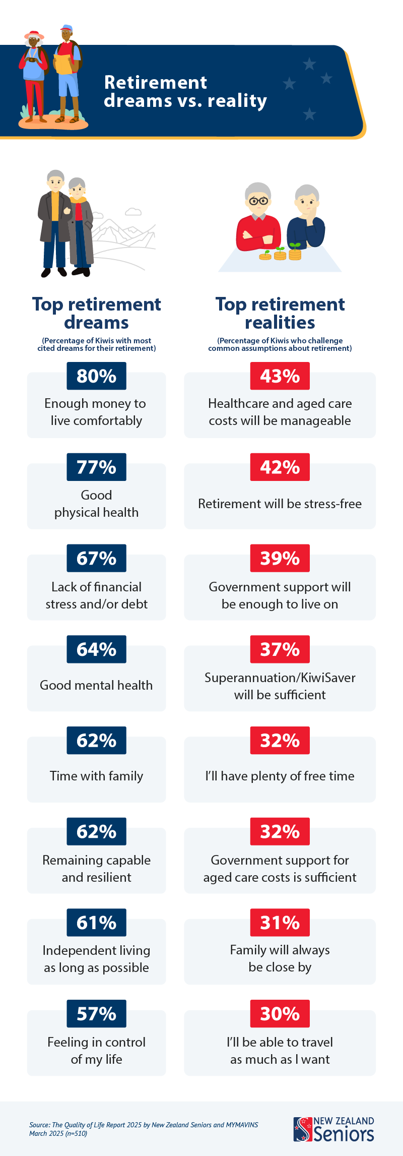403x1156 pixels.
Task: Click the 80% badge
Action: click(96, 376)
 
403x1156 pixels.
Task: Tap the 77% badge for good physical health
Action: click(96, 467)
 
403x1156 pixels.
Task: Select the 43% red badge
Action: click(280, 376)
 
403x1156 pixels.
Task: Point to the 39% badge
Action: click(280, 559)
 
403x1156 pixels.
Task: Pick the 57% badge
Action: click(96, 1014)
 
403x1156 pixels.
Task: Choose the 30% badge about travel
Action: click(280, 1014)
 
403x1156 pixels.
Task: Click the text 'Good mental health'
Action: click(96, 685)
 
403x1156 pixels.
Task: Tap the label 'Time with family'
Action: click(96, 776)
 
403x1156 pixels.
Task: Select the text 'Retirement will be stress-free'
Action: click(280, 504)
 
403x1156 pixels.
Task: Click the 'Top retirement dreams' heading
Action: click(96, 313)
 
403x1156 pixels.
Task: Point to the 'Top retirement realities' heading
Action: click(280, 313)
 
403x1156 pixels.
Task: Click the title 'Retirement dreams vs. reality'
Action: click(185, 92)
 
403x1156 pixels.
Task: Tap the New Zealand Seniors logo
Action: click(333, 1130)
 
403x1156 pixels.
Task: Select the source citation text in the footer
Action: click(144, 1129)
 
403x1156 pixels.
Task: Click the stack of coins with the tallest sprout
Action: click(295, 252)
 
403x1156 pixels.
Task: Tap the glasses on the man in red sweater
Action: click(259, 201)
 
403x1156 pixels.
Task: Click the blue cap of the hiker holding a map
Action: click(66, 28)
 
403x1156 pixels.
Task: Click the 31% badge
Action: click(280, 923)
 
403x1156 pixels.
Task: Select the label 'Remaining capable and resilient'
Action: click(96, 869)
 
